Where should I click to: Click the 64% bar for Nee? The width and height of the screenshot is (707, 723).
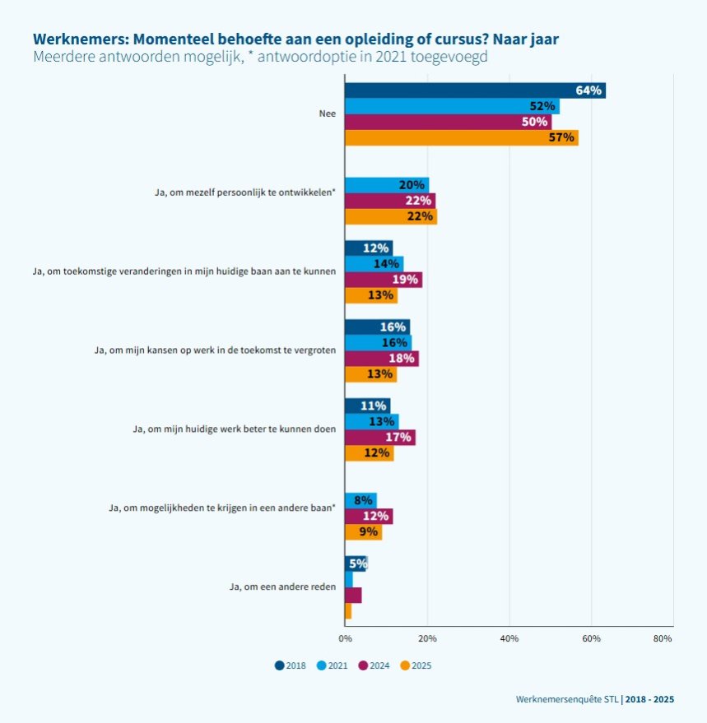coord(475,90)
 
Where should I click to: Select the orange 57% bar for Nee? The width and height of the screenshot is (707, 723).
coord(461,137)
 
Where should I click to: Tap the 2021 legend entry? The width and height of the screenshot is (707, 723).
coord(332,665)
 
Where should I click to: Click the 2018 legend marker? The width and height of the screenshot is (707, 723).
coord(280,665)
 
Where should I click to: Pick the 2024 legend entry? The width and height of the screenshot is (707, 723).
coord(374,665)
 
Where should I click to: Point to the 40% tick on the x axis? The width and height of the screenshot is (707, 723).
coord(509,638)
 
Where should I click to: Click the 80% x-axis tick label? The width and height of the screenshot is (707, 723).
coord(663,638)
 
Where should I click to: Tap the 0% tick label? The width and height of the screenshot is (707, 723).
coord(345,638)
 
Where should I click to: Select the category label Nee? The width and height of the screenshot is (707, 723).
coord(327,114)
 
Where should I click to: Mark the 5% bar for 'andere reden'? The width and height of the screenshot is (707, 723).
coord(356,563)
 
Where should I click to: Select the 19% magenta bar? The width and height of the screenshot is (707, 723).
coord(384,280)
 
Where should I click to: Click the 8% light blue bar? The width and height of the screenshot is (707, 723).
coord(360,500)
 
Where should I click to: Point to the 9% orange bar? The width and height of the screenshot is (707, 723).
coord(363,532)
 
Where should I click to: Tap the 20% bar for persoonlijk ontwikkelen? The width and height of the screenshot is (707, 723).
coord(387,185)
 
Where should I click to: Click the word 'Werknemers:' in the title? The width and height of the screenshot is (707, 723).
coord(79,39)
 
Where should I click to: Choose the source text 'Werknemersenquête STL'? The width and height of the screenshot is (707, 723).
coord(567,699)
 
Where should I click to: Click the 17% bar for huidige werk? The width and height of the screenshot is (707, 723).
coord(379,437)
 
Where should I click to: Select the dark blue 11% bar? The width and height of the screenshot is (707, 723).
coord(367,406)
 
